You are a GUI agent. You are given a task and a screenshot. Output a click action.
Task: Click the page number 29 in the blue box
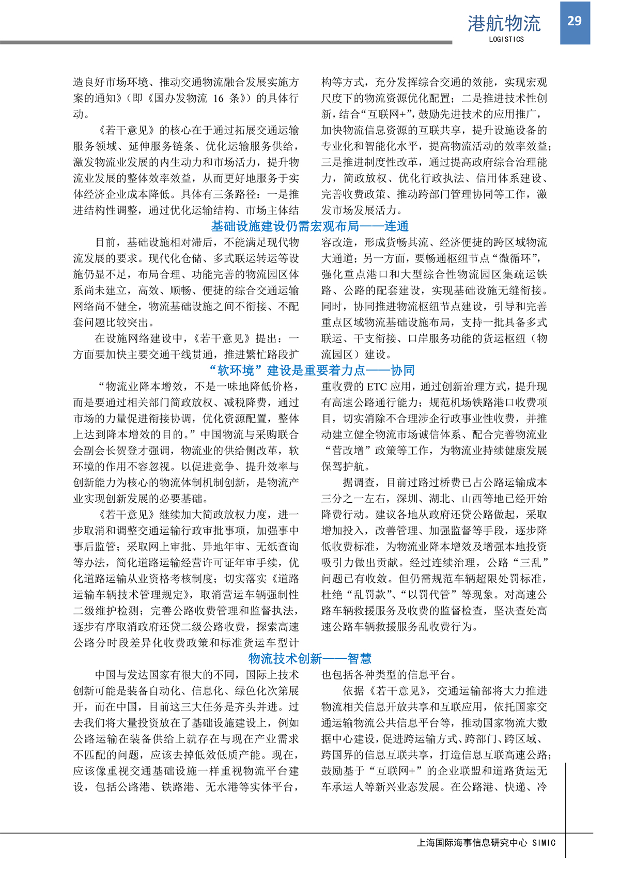[575, 21]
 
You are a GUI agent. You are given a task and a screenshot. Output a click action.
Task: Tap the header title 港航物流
[504, 24]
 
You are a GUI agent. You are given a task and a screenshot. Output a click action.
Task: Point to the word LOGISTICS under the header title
[506, 39]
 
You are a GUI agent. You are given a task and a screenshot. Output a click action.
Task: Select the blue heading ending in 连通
[310, 226]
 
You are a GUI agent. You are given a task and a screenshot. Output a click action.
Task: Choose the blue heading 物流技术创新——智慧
[310, 659]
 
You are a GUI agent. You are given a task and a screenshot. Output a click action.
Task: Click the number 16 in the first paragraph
[219, 98]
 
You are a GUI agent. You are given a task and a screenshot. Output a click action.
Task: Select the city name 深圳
[407, 499]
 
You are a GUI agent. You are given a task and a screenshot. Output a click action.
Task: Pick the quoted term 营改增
[348, 451]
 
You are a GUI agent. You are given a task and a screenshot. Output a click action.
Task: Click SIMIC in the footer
[544, 843]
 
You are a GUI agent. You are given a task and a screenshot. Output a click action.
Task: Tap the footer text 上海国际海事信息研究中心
[472, 843]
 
